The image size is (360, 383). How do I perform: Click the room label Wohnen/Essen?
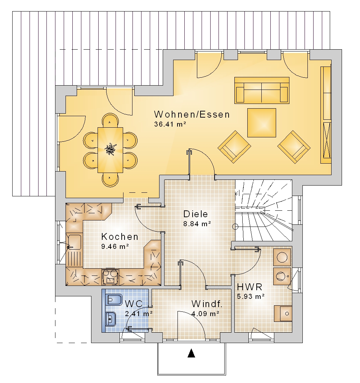pos(192,115)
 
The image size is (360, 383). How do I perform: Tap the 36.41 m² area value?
pos(170,124)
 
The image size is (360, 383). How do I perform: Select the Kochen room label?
pos(120,237)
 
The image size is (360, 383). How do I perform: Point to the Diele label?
pos(195,214)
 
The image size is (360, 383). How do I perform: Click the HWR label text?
pos(249,287)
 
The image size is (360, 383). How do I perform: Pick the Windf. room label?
pos(207,304)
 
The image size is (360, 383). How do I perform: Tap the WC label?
pos(134,304)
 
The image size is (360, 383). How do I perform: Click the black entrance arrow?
pos(191,353)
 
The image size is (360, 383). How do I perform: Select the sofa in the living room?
pos(262,90)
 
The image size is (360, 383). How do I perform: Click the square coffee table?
pos(262,123)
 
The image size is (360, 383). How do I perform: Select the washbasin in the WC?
pos(111,319)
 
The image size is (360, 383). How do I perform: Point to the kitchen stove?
pos(110,277)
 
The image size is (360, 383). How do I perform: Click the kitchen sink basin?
pos(75,242)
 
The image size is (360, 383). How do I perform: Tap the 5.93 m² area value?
pos(251,297)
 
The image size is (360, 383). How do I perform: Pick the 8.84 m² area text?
pos(197,224)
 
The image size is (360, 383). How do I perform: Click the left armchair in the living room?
pos(234,147)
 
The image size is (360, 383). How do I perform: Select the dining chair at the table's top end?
pos(110,120)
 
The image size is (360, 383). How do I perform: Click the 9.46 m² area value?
pos(115,246)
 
